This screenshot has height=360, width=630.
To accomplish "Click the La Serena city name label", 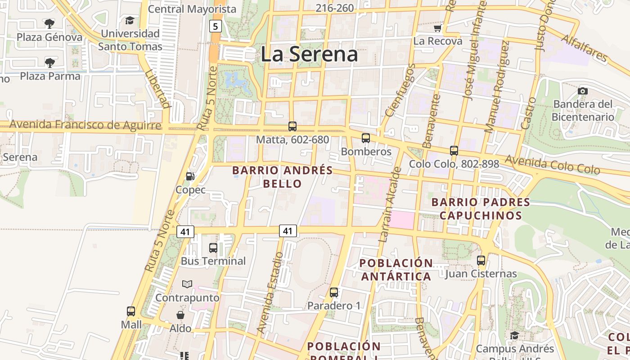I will [309, 54].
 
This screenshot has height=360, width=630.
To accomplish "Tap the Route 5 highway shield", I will [216, 26].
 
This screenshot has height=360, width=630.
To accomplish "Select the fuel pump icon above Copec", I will [190, 176].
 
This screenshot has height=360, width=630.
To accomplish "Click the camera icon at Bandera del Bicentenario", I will [583, 91].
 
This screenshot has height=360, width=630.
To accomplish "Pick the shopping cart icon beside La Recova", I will [437, 28].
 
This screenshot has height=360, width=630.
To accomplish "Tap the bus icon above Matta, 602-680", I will [292, 126].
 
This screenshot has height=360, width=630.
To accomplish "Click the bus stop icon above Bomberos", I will [366, 138].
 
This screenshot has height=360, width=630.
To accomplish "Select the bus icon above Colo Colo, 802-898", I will [454, 150].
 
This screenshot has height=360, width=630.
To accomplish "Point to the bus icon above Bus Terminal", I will [213, 247].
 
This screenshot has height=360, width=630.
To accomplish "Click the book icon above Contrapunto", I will [187, 284].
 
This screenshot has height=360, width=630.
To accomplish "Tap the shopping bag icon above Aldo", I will [180, 315].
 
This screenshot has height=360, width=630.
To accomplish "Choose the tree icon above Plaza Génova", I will [49, 23].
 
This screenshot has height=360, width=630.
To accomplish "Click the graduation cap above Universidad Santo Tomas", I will [130, 20].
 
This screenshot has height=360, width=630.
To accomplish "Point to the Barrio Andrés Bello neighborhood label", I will [282, 177].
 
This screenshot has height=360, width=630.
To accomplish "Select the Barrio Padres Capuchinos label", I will [481, 208].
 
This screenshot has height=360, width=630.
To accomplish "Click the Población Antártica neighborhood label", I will [396, 269].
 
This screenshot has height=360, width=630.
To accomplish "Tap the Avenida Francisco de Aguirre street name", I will [85, 125].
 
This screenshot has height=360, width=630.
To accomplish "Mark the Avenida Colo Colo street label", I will [552, 165].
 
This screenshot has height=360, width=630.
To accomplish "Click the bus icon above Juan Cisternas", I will [481, 260].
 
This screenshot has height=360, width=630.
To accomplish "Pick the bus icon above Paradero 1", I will [334, 292].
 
